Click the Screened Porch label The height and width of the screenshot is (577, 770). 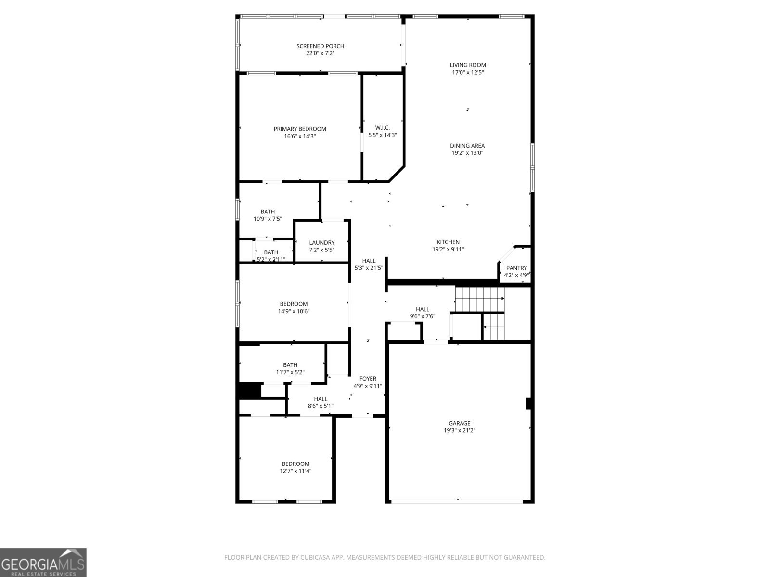pos(320,46)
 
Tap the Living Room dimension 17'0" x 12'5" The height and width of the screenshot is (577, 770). pos(467,73)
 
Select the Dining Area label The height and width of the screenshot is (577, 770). pos(467,146)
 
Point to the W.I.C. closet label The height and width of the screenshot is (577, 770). pos(382,128)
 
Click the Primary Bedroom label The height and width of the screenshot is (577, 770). pos(300,129)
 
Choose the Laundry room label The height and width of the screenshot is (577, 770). pos(321,243)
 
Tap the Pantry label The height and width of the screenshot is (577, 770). pos(516,268)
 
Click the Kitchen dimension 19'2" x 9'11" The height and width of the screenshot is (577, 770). pos(448,250)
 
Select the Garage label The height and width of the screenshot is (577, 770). pos(460,424)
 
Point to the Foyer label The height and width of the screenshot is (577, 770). pos(368,379)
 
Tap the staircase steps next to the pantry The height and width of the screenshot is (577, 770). pos(479,299)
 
